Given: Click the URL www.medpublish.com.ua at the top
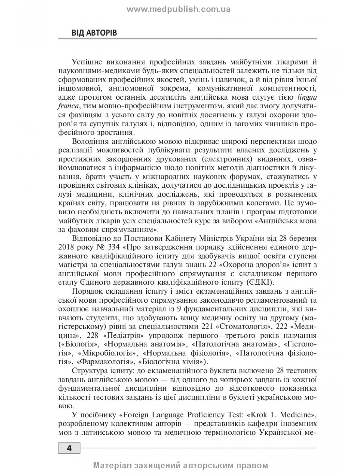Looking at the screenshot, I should coord(179,10).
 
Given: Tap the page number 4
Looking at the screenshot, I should coord(69,448).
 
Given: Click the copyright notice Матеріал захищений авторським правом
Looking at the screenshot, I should coord(181,465).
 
